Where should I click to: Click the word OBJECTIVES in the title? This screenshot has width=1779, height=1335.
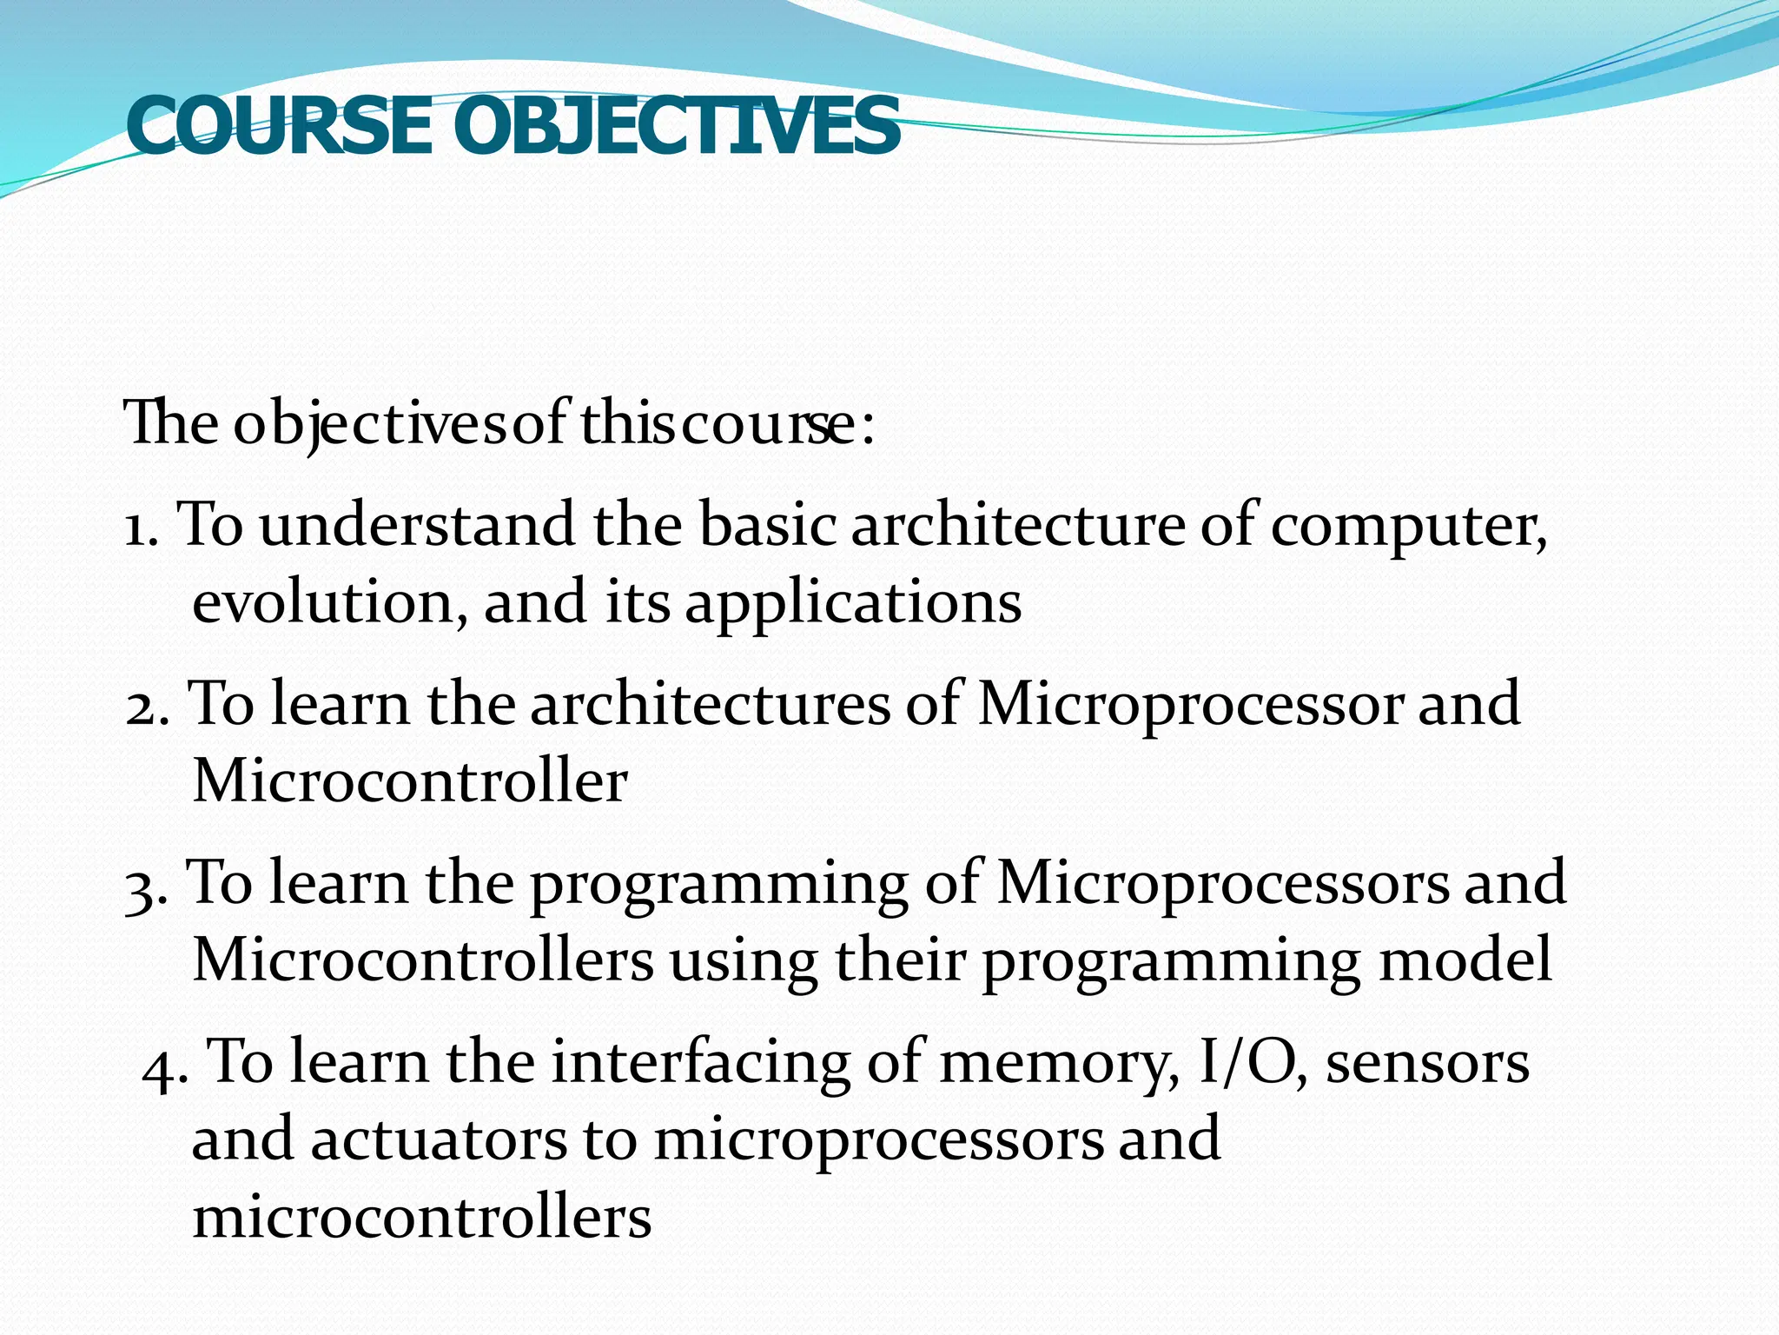(x=676, y=127)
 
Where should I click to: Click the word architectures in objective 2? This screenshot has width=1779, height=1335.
(x=710, y=704)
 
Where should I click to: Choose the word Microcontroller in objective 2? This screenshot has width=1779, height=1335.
(x=409, y=780)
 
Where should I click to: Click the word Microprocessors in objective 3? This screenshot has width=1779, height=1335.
(x=1222, y=885)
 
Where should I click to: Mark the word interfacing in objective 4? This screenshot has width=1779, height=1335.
(x=701, y=1064)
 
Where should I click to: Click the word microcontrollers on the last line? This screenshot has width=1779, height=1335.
(x=421, y=1217)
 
